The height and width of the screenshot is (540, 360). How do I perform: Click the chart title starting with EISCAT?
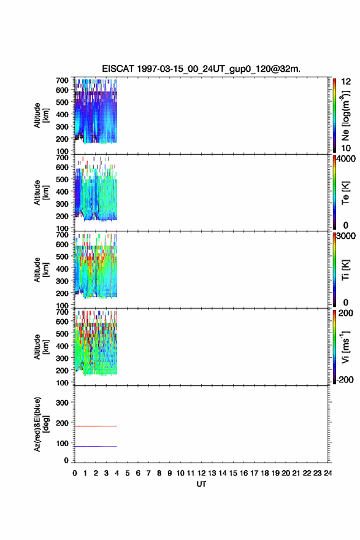click(201, 69)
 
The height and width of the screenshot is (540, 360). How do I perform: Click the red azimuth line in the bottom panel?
click(96, 426)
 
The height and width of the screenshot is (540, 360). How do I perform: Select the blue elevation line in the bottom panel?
click(96, 446)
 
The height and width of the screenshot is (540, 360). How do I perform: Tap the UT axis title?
click(201, 484)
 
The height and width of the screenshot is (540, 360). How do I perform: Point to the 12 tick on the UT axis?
click(201, 473)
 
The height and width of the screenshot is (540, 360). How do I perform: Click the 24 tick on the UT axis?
click(327, 473)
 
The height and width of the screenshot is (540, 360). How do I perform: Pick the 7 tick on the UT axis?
click(148, 473)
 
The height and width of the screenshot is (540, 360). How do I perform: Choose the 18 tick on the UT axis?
click(265, 473)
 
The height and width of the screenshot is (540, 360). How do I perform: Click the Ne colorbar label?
click(345, 116)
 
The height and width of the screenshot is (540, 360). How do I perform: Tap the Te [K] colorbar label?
click(345, 193)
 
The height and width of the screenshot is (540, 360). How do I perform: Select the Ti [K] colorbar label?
click(345, 270)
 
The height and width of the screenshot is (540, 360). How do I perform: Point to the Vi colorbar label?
click(345, 347)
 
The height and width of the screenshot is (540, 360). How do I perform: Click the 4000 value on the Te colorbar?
click(346, 159)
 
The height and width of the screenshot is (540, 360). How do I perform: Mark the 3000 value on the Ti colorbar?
click(346, 236)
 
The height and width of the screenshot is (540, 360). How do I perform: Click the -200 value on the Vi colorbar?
click(345, 379)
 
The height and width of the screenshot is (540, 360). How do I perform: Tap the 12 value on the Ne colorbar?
click(346, 82)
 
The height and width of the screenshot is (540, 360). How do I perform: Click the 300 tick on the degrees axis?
click(62, 403)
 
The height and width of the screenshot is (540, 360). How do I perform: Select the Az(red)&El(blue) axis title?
click(41, 424)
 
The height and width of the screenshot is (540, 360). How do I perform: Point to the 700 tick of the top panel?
click(62, 80)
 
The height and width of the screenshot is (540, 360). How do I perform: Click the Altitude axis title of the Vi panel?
click(41, 347)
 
